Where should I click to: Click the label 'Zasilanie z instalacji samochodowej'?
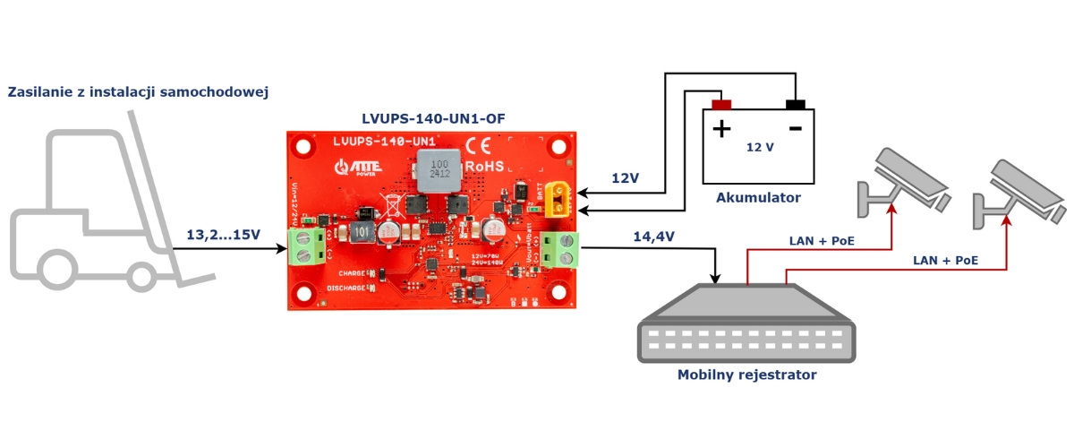pos(138,92)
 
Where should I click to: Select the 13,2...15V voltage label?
pos(225,235)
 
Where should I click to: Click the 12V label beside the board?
pos(625,178)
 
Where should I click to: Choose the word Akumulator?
pos(759,198)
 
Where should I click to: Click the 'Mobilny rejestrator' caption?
pos(746,375)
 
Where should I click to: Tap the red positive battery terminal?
pos(721,104)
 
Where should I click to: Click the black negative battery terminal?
pos(795,104)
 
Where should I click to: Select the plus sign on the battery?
pos(721,129)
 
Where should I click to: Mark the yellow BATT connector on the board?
pos(558,199)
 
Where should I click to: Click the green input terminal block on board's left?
pos(305,247)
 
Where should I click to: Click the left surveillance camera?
pos(900,184)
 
